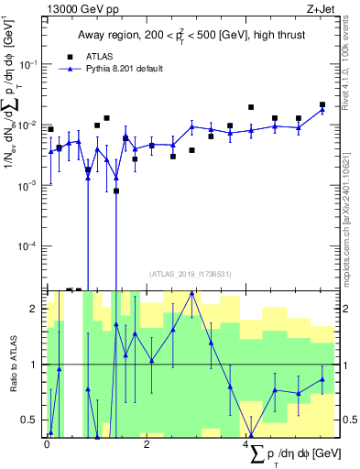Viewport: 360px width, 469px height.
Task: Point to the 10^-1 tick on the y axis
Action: [x=28, y=64]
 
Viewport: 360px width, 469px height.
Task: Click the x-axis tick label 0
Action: [x=47, y=444]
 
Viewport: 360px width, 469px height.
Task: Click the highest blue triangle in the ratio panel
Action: [x=191, y=293]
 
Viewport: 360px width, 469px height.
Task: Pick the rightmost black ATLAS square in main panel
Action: [x=322, y=104]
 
